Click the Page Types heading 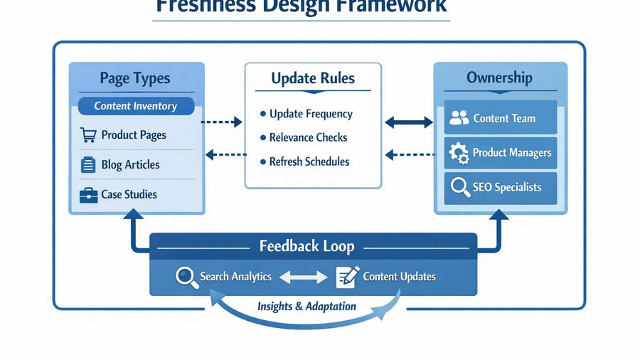point(134,78)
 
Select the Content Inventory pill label point(135,106)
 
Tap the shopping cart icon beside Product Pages point(88,135)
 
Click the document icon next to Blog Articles point(88,165)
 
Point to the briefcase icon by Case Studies point(88,195)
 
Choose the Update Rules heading point(313,78)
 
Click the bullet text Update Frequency point(310,114)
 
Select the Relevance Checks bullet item point(307,137)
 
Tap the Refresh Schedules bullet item point(309,162)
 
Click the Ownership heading point(499,78)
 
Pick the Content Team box point(501,118)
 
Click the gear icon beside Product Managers point(460,153)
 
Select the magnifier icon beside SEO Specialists point(460,188)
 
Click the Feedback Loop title point(306,247)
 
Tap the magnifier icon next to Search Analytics point(187,277)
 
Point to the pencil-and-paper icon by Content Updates point(346,277)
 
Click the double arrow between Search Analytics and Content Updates point(303,277)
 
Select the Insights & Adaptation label point(306,306)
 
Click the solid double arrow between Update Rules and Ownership point(408,122)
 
